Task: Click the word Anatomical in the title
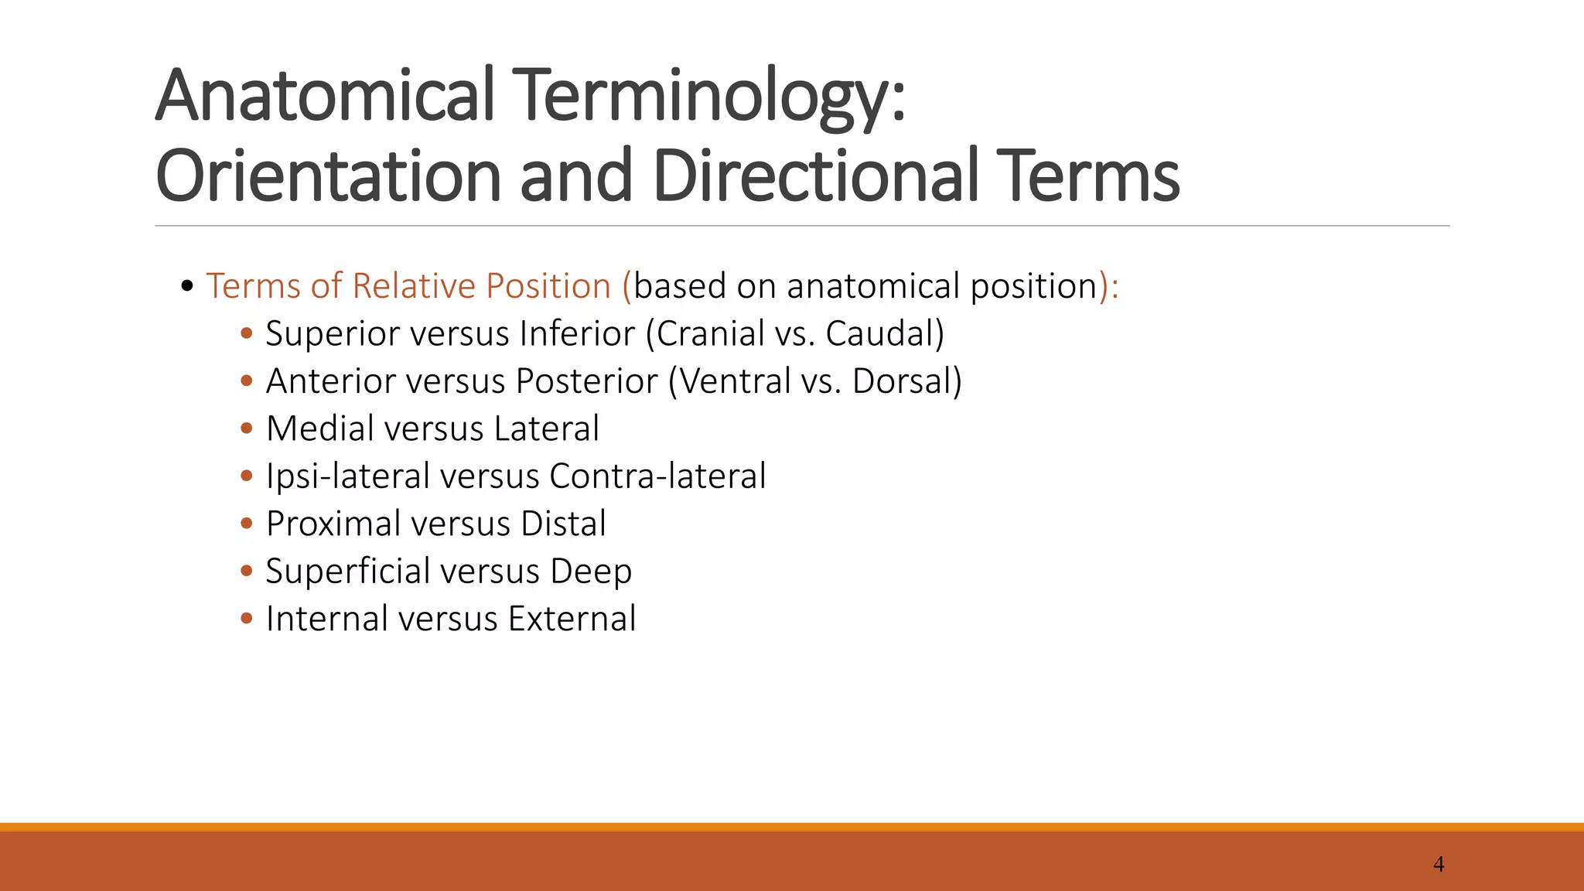click(324, 96)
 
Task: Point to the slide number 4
click(1439, 864)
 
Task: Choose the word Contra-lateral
click(657, 476)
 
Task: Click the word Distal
click(563, 524)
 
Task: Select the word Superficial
click(348, 572)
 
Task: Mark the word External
click(572, 619)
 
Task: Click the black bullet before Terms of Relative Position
click(186, 287)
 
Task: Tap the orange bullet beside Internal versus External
click(247, 618)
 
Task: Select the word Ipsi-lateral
click(347, 476)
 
